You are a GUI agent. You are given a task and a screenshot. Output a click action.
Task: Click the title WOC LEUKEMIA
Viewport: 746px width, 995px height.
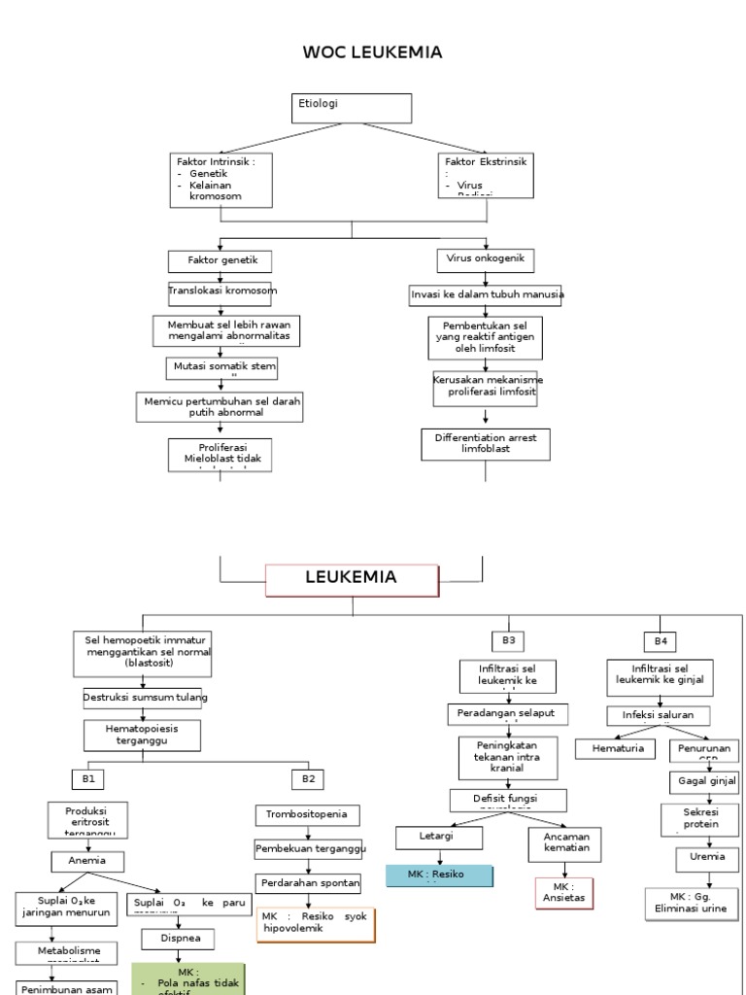[x=372, y=52]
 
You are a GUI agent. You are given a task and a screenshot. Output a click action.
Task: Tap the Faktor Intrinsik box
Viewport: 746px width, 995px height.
[x=220, y=180]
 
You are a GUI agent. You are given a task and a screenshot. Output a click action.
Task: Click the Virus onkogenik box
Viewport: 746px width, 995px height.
[x=485, y=259]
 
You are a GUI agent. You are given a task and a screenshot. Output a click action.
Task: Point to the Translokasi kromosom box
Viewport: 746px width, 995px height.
[x=222, y=291]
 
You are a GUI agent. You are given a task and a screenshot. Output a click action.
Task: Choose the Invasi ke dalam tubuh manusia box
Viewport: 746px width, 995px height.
[x=487, y=293]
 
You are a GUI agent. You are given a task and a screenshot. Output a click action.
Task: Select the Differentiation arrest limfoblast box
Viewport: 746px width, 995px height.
[x=486, y=444]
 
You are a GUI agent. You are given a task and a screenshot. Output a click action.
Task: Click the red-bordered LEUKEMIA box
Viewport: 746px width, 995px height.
[x=351, y=578]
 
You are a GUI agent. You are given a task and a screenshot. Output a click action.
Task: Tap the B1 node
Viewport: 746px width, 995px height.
[x=87, y=778]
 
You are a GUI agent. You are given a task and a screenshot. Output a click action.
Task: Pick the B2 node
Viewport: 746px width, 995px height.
[x=308, y=778]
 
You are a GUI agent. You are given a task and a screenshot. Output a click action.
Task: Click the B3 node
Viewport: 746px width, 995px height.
[x=508, y=640]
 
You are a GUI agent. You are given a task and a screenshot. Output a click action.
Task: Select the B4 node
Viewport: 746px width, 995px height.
[x=661, y=641]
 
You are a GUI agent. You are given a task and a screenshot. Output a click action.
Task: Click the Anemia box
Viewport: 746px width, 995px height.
[x=87, y=861]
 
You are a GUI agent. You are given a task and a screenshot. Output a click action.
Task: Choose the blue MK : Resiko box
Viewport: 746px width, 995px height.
[x=439, y=875]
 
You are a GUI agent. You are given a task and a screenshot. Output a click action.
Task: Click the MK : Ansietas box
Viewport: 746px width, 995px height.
[x=563, y=893]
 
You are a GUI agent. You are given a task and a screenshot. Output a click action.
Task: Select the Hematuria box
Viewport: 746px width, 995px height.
[x=618, y=749]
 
